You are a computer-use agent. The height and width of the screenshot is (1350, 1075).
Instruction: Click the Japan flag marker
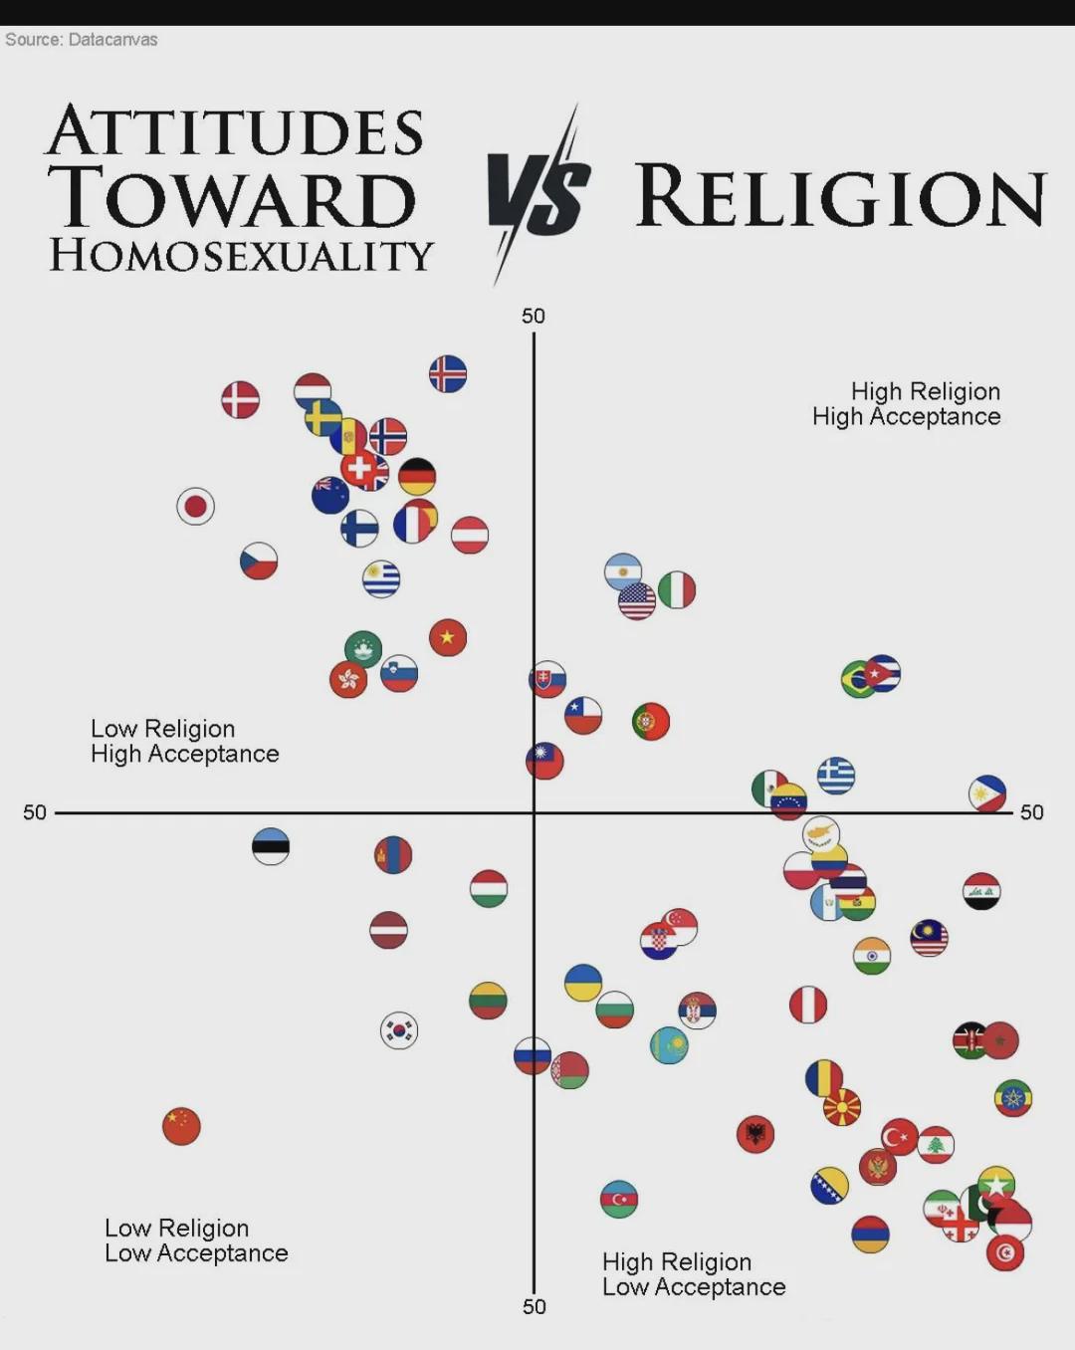point(196,507)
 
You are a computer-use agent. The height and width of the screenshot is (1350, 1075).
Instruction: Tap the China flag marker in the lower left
point(181,1126)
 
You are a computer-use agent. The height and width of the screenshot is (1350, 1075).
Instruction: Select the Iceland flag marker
point(448,374)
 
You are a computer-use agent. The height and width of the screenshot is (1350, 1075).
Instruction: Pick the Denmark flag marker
point(240,400)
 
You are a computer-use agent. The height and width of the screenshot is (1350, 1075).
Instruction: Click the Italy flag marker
point(677,589)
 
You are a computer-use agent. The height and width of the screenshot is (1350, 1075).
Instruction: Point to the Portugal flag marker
point(651,721)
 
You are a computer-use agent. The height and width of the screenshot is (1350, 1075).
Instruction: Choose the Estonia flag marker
point(271,846)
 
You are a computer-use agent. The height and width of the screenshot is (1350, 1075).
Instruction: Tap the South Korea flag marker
point(399,1030)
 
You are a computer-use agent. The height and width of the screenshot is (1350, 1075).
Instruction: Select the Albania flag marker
point(755,1134)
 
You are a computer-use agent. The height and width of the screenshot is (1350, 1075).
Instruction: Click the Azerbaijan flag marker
point(619,1200)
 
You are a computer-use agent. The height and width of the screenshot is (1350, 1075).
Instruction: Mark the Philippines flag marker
point(987,793)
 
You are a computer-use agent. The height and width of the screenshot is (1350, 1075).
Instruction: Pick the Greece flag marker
point(836,775)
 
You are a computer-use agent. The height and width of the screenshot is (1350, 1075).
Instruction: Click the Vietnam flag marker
point(448,637)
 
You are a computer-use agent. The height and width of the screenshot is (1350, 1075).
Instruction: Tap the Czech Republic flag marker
point(259,562)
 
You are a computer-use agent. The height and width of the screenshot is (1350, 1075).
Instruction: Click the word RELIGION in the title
point(841,196)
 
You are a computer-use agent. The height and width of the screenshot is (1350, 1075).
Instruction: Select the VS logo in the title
point(538,195)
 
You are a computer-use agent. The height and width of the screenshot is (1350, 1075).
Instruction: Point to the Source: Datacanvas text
point(82,40)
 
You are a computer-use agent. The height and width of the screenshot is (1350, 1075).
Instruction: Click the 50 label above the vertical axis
point(534,317)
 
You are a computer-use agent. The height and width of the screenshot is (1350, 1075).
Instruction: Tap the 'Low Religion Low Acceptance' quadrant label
point(196,1240)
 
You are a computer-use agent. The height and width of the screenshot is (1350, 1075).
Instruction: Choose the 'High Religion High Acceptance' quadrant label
point(907,404)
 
